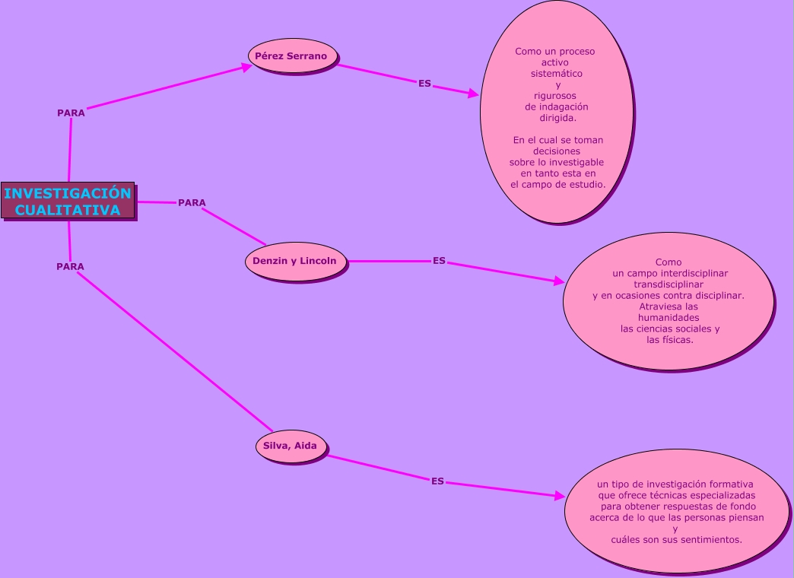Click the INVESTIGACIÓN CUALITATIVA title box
[x=68, y=201]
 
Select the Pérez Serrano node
[x=291, y=56]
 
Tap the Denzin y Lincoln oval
[x=294, y=261]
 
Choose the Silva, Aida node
[x=291, y=446]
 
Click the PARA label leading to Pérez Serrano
[x=71, y=113]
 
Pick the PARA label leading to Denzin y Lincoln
[x=192, y=202]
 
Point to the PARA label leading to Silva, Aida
[x=70, y=266]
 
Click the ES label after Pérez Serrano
[x=424, y=83]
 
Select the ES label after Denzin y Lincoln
[x=439, y=260]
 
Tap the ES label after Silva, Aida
[x=437, y=481]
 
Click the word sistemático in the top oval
[x=557, y=74]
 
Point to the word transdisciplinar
[x=669, y=284]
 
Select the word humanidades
[x=669, y=317]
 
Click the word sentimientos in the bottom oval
[x=705, y=539]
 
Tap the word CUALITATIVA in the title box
[x=68, y=210]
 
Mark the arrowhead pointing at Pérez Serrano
[x=246, y=66]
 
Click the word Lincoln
[x=318, y=261]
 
